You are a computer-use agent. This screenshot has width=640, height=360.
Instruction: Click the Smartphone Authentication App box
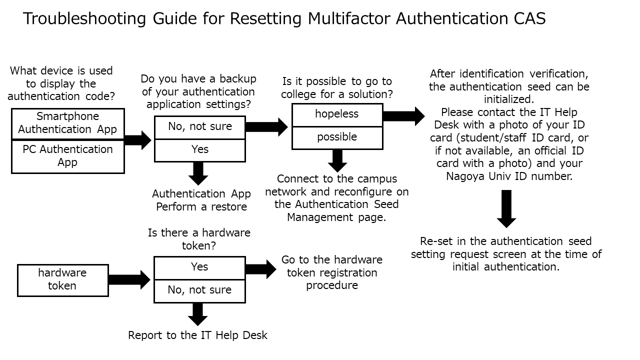click(x=67, y=123)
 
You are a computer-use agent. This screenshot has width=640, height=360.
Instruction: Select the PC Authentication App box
click(x=67, y=155)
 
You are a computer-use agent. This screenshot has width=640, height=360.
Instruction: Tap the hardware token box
click(x=62, y=279)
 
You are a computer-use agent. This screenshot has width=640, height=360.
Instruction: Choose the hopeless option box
click(x=337, y=114)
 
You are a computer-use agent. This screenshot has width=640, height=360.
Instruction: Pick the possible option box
click(x=337, y=137)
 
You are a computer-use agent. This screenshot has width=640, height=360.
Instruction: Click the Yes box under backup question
click(x=199, y=150)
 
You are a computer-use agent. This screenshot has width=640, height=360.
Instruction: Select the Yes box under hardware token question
click(x=199, y=267)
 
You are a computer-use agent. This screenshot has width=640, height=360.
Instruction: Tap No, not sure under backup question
click(x=199, y=127)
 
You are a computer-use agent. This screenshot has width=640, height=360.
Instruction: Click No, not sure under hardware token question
click(x=199, y=290)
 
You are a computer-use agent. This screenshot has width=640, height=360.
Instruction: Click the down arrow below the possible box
click(x=337, y=160)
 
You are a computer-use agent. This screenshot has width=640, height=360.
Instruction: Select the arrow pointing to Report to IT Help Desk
click(x=198, y=314)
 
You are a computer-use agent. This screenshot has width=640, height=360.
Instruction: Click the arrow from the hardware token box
click(x=129, y=279)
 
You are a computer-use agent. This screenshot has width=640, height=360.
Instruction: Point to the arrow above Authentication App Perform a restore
click(x=199, y=173)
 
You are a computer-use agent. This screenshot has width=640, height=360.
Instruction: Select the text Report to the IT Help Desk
click(x=197, y=335)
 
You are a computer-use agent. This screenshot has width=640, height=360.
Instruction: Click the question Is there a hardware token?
click(x=199, y=239)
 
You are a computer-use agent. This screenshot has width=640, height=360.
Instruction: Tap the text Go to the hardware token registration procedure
click(x=332, y=272)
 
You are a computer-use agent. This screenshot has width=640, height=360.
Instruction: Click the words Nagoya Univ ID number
click(x=509, y=176)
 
